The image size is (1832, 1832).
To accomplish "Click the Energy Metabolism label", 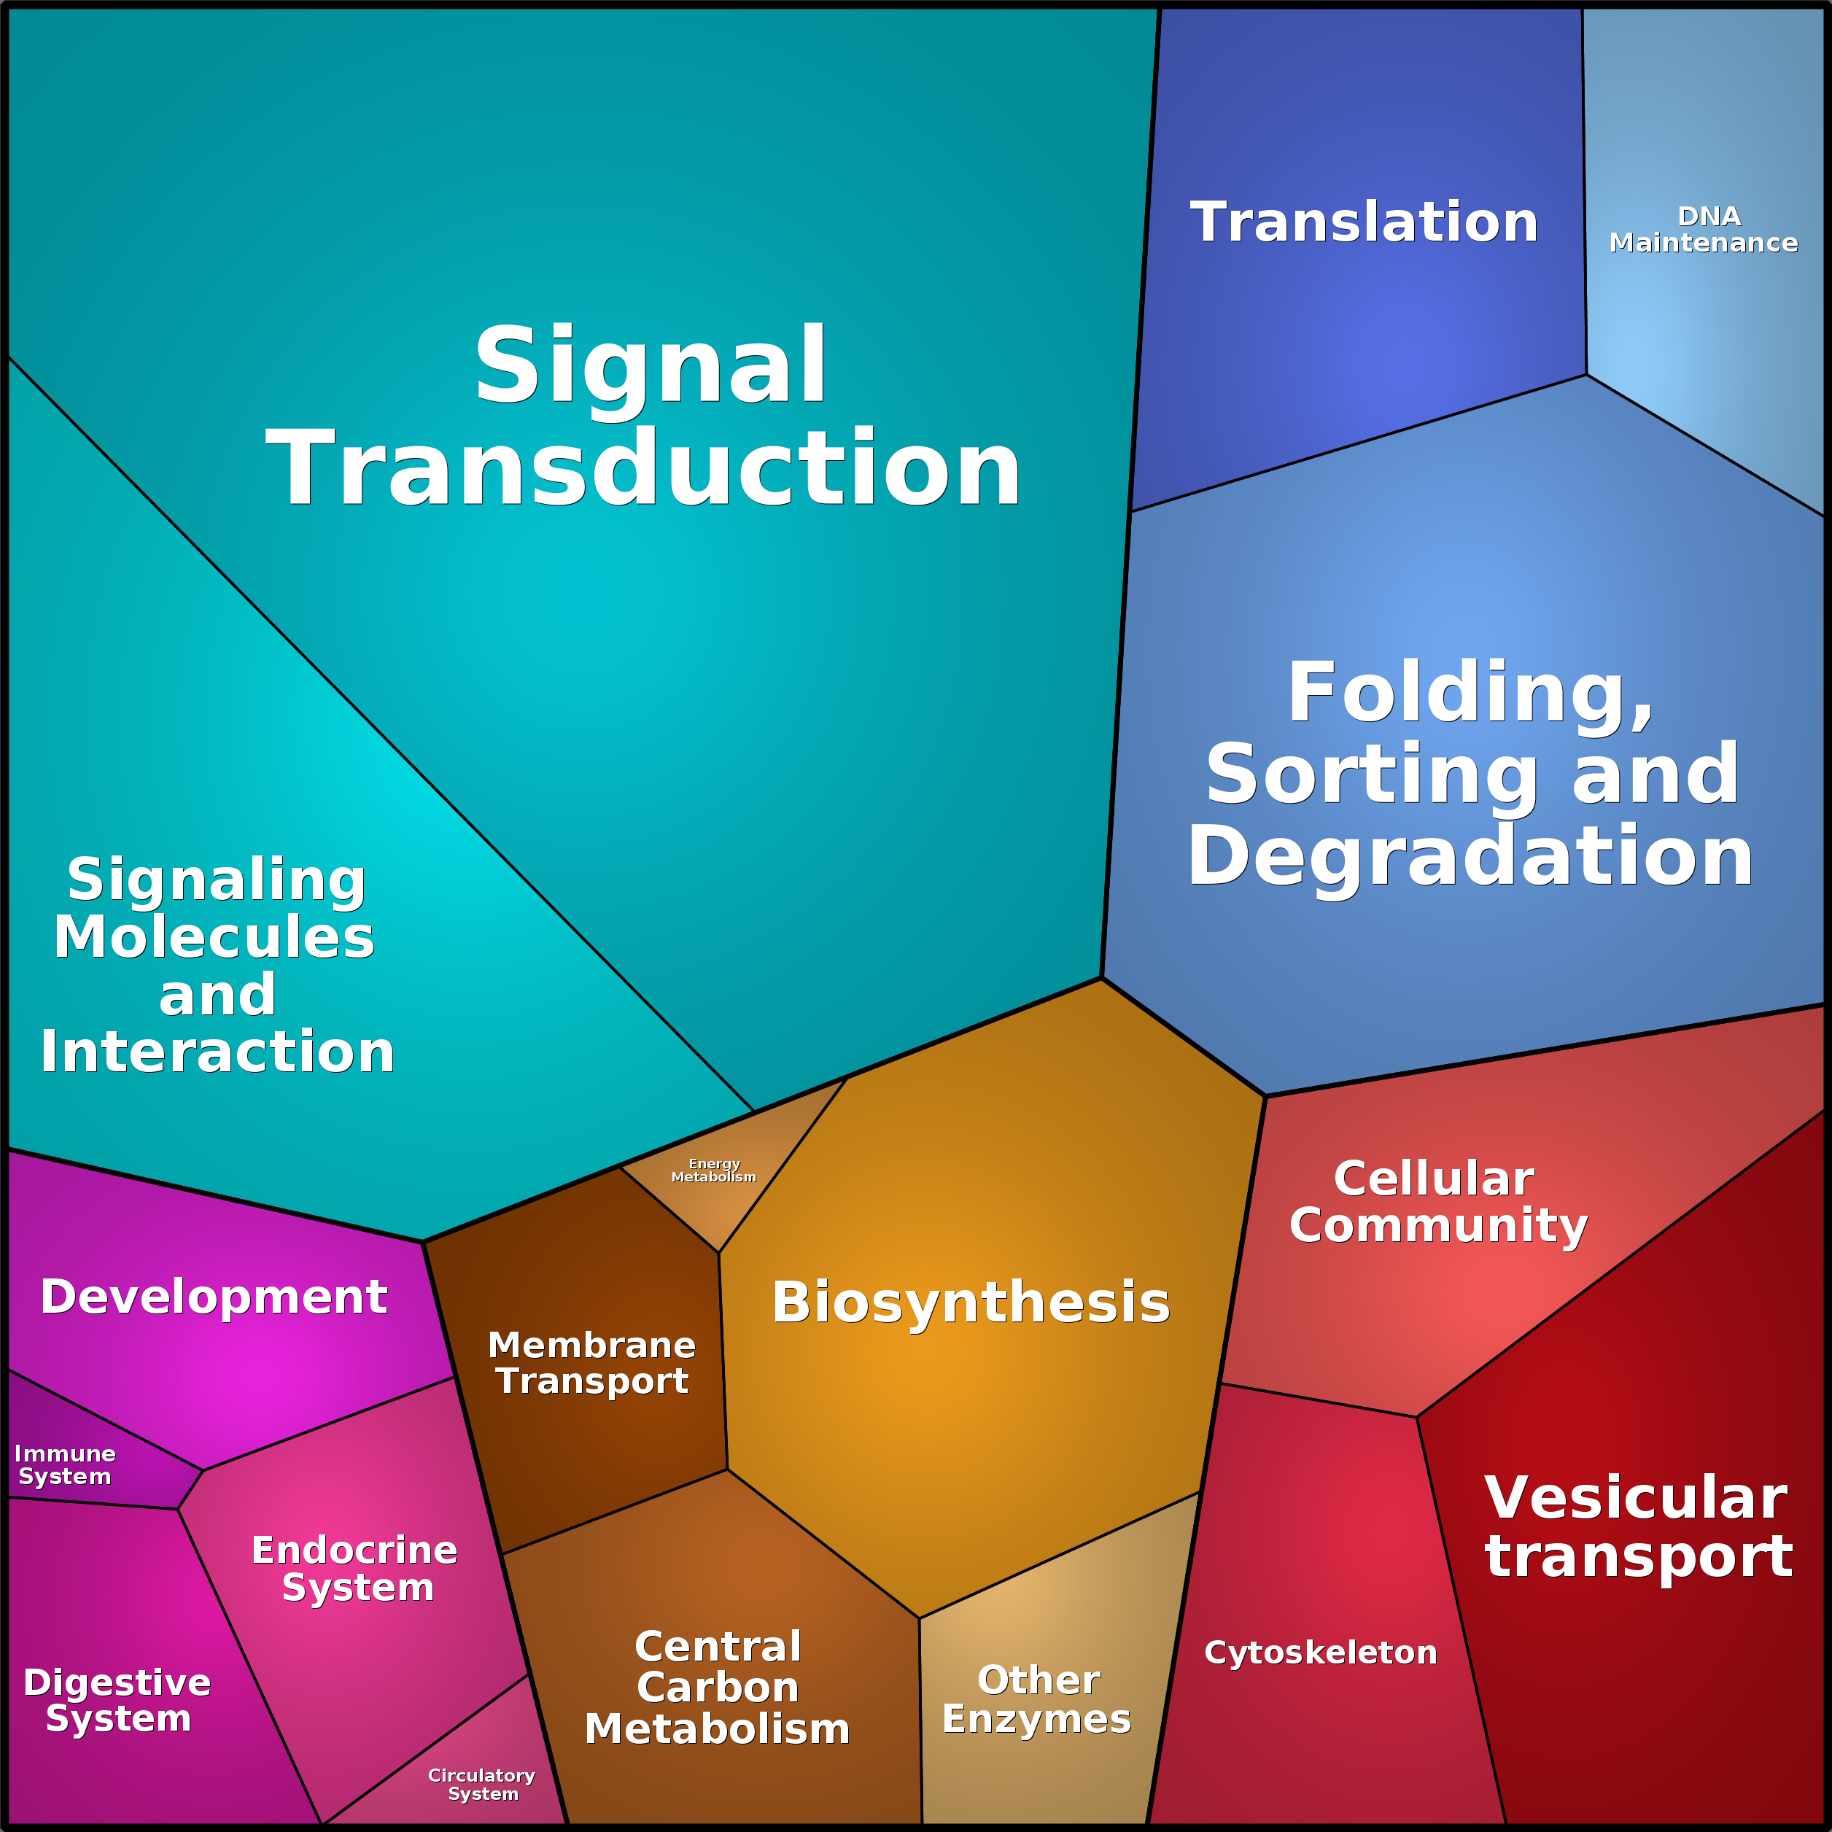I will coord(714,1170).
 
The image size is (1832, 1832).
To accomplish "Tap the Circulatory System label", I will coord(482,1785).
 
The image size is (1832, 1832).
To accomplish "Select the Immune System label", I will coord(64,1465).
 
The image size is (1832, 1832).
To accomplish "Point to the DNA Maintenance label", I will coord(1703,230).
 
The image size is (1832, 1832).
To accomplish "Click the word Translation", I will coord(1364,223).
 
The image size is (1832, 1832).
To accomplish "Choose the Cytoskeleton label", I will coord(1320,1652).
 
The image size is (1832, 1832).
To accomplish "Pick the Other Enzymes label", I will coord(1036,1699).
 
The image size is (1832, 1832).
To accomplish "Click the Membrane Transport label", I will coord(591,1362).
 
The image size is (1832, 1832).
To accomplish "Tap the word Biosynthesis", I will coord(971,1303).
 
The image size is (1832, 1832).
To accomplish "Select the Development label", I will coord(214,1296).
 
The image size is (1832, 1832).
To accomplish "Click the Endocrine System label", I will coord(354,1569).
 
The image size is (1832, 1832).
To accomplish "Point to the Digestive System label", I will coord(117,1700).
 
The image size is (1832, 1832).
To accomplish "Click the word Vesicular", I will coord(1636,1498).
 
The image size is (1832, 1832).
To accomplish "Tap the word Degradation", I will coord(1470,857).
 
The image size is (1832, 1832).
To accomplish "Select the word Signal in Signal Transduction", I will coord(651,366).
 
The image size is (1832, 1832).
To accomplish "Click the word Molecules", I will coord(214,937).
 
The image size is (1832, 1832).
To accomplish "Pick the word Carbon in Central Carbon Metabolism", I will coord(718,1688).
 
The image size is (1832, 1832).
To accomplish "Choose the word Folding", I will coord(1470,692).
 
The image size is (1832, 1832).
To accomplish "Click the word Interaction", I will coord(217,1052).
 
